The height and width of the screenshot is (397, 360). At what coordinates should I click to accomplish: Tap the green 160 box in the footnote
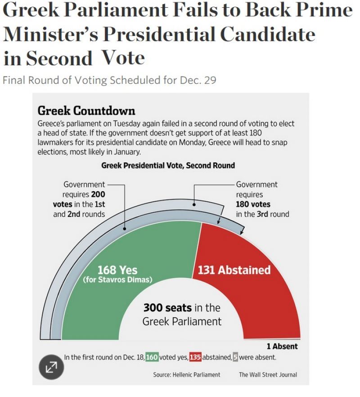152,357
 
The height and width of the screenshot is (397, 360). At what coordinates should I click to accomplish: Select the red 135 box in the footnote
195,357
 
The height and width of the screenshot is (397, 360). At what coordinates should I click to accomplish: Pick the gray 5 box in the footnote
235,357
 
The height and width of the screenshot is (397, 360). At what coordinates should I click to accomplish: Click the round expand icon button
51,367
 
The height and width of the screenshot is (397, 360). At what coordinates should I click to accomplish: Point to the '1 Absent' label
282,347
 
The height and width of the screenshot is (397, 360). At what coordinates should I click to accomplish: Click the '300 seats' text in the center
167,308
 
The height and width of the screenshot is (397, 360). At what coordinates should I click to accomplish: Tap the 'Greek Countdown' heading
86,111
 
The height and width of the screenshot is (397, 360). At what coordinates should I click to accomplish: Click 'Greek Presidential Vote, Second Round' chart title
168,165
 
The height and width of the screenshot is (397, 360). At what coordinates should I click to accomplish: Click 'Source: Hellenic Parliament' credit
187,374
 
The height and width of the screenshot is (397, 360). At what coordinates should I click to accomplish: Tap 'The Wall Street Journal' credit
268,374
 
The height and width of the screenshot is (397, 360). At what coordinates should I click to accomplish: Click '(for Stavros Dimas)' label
118,280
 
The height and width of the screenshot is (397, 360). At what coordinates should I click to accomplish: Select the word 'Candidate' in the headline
267,34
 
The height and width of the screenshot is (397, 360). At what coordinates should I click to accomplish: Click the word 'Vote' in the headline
123,58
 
